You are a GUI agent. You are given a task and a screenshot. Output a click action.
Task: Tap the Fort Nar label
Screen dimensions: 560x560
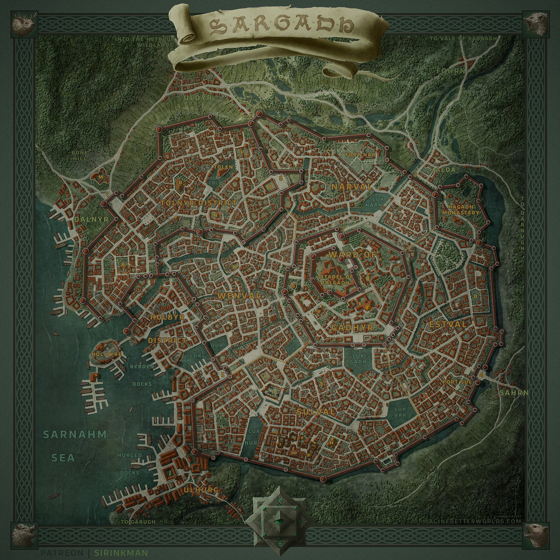point(360,155)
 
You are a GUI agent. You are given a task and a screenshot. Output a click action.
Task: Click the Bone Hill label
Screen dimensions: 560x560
point(79,156)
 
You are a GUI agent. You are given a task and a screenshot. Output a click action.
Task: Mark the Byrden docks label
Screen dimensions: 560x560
point(142,367)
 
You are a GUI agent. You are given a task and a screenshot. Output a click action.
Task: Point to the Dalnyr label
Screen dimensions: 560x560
point(87,219)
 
